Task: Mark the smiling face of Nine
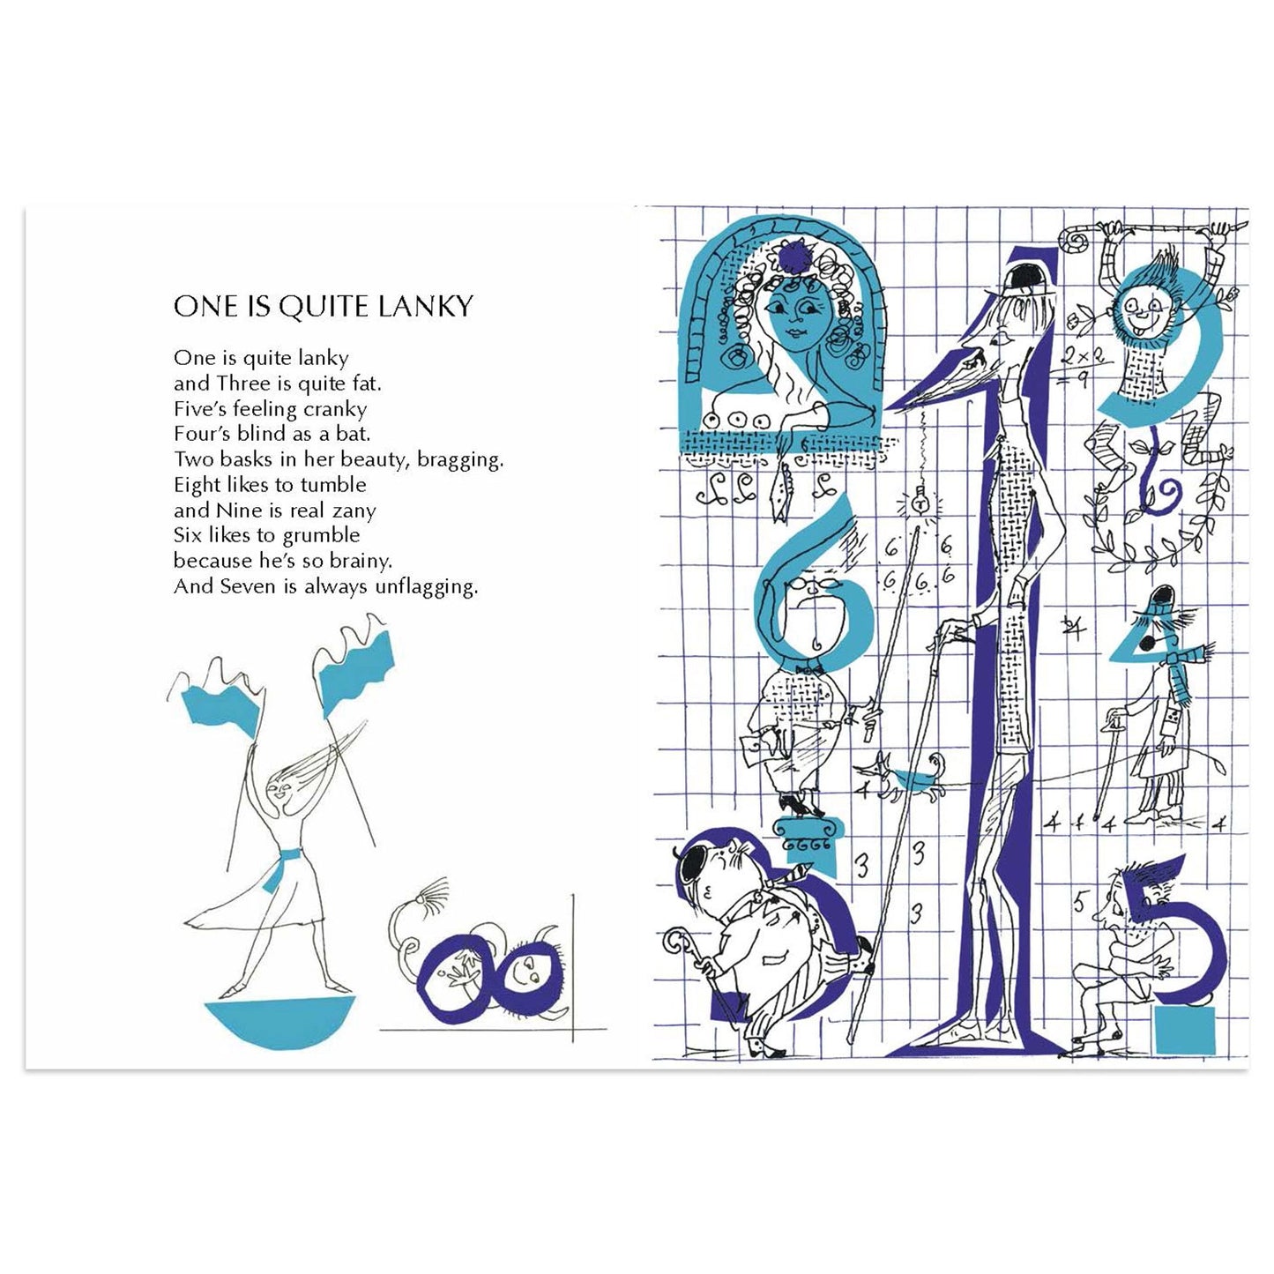point(1146,309)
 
